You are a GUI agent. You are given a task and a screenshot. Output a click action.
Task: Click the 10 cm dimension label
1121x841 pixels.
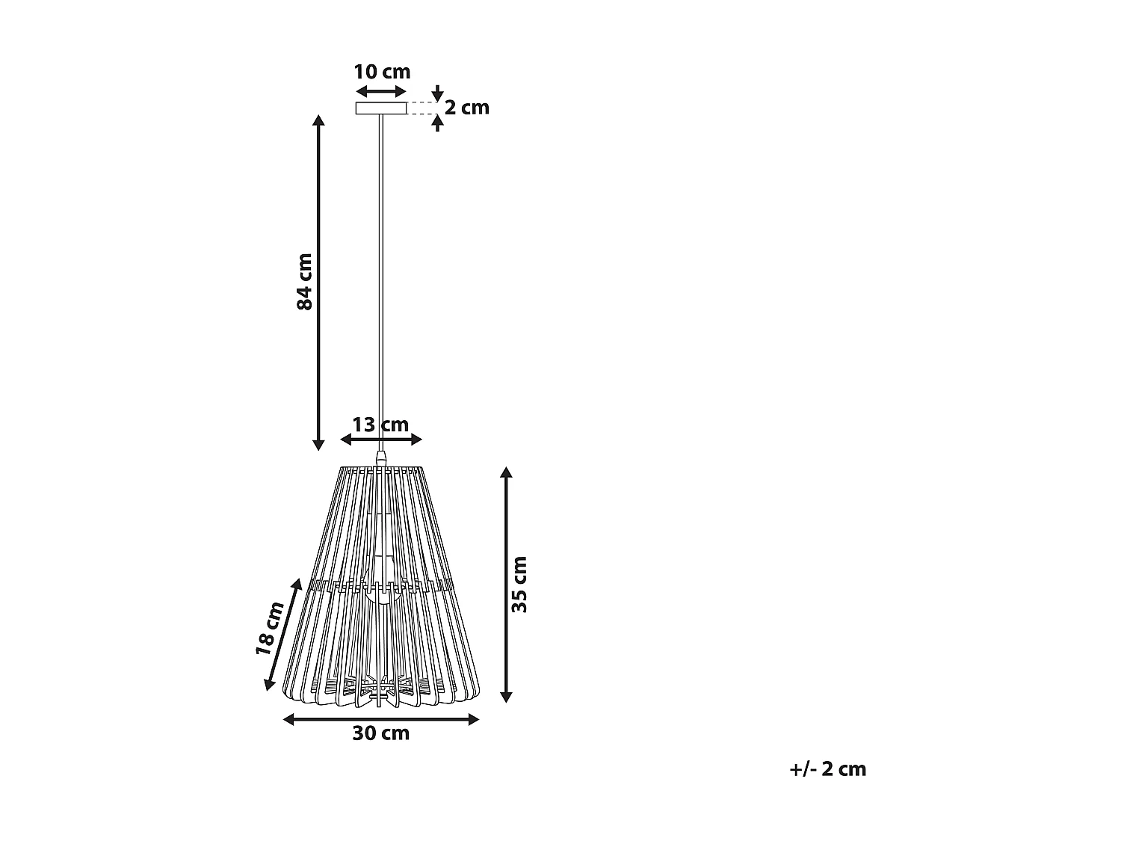(x=382, y=72)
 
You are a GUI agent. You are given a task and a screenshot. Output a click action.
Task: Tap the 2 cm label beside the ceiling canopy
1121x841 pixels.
(x=467, y=108)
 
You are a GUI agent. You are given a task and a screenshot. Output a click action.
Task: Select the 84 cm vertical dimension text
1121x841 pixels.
(x=304, y=282)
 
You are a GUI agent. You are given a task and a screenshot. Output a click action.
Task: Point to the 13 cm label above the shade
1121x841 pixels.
(x=380, y=425)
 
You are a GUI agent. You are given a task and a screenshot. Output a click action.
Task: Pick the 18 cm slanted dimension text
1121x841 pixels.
(x=270, y=628)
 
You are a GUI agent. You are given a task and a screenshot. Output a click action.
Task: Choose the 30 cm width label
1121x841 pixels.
(x=381, y=733)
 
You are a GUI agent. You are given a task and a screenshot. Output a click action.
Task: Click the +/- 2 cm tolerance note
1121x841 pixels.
(x=827, y=769)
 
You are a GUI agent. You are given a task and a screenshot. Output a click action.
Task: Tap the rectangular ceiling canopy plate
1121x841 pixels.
(x=381, y=108)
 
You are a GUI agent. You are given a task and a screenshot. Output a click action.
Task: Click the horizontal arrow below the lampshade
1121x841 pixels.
(x=381, y=719)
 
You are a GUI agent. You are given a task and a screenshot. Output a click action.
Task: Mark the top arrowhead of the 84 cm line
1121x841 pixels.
(x=318, y=121)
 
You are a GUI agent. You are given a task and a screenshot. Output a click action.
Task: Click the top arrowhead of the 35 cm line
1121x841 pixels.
(x=506, y=473)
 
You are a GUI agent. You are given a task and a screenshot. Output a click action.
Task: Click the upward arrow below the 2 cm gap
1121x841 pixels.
(x=438, y=123)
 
